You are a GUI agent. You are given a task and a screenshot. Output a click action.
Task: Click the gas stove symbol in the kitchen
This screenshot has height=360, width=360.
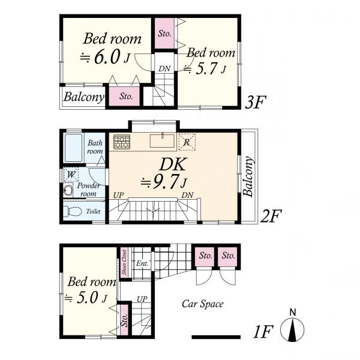pos(122,142)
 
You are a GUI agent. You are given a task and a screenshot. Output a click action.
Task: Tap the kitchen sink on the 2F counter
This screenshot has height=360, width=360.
pos(162,140)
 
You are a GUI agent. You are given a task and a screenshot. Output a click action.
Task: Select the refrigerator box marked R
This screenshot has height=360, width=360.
pos(187,142)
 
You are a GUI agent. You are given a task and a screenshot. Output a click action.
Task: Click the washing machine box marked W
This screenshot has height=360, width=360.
pos(71,175)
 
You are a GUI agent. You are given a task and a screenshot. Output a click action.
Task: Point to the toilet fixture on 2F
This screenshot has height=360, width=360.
pos(73,211)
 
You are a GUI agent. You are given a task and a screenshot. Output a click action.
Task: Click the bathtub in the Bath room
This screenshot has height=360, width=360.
pos(73,148)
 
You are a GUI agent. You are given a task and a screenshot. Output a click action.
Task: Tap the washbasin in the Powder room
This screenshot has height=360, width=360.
pos(68,190)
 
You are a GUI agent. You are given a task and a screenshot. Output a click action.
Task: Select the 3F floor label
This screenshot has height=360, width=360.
pos(256,102)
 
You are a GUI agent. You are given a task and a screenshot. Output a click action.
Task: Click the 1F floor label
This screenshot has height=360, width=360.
pos(263,332)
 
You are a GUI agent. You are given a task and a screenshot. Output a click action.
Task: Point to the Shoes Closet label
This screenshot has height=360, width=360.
pos(124,262)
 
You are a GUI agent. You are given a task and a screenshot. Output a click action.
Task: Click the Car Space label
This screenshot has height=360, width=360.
pos(203,304)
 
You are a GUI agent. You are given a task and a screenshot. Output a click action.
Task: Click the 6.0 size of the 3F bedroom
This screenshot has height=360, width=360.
pos(107,57)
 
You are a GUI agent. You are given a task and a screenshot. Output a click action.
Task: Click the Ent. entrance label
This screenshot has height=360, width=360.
pos(142,263)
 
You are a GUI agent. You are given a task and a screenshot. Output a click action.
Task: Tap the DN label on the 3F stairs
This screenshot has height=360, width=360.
pos(164,68)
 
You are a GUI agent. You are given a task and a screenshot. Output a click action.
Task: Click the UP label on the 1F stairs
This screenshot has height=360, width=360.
pos(142,299)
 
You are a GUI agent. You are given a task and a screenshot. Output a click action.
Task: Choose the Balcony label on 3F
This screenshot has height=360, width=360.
pos(84,97)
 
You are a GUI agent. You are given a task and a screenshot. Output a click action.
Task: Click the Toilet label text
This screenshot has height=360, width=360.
pos(93,211)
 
